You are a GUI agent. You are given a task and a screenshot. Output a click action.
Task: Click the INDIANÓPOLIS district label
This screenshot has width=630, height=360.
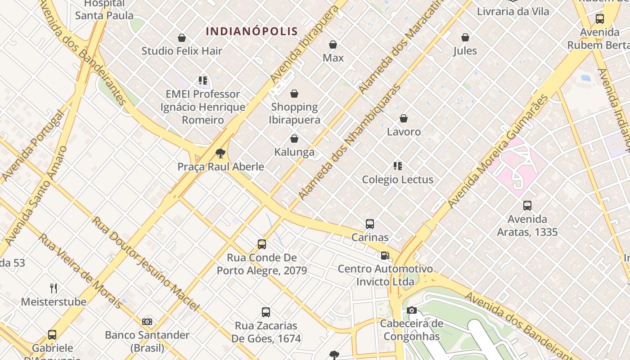pyautogui.click(x=252, y=31)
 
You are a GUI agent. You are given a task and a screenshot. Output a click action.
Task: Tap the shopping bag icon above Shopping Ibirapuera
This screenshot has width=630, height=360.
pyautogui.click(x=294, y=94)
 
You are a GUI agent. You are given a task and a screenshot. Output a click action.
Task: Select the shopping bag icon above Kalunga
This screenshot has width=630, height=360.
pyautogui.click(x=294, y=139)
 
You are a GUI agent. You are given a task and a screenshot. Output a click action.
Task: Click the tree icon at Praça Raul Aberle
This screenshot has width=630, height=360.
pyautogui.click(x=220, y=154)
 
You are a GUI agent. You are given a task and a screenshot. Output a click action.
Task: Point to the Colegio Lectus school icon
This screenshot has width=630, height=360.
pyautogui.click(x=398, y=166)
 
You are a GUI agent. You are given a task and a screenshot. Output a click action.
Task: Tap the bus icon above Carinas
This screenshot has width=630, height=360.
pyautogui.click(x=370, y=224)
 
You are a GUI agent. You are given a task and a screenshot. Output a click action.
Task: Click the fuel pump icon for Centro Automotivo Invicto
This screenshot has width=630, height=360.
pyautogui.click(x=385, y=256)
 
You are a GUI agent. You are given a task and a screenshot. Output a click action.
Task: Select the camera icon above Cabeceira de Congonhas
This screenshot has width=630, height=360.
pyautogui.click(x=411, y=310)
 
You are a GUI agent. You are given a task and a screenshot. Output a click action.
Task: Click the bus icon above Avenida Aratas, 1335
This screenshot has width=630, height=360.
pyautogui.click(x=527, y=206)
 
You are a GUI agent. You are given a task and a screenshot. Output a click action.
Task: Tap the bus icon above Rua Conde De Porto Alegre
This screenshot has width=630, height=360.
pyautogui.click(x=262, y=244)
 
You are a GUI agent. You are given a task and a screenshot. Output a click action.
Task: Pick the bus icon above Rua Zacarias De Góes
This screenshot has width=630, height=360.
pyautogui.click(x=266, y=312)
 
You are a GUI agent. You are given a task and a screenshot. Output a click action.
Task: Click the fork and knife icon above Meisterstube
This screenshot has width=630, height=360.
pyautogui.click(x=54, y=288)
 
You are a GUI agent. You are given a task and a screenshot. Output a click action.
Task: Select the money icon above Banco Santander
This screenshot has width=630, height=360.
pyautogui.click(x=147, y=322)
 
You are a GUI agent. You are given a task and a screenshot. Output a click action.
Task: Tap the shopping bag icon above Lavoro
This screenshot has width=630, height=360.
pyautogui.click(x=404, y=118)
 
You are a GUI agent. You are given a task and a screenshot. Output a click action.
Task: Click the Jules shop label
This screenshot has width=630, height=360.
pyautogui.click(x=465, y=51)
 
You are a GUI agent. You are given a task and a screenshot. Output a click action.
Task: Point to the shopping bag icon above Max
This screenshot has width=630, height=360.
pyautogui.click(x=333, y=45)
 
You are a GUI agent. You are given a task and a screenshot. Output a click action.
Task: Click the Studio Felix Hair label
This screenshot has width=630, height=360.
pyautogui.click(x=182, y=51)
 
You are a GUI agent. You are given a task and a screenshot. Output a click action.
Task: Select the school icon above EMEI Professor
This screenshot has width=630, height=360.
pyautogui.click(x=203, y=81)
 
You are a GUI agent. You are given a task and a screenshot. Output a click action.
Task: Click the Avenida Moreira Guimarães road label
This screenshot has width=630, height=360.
pyautogui.click(x=498, y=151)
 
